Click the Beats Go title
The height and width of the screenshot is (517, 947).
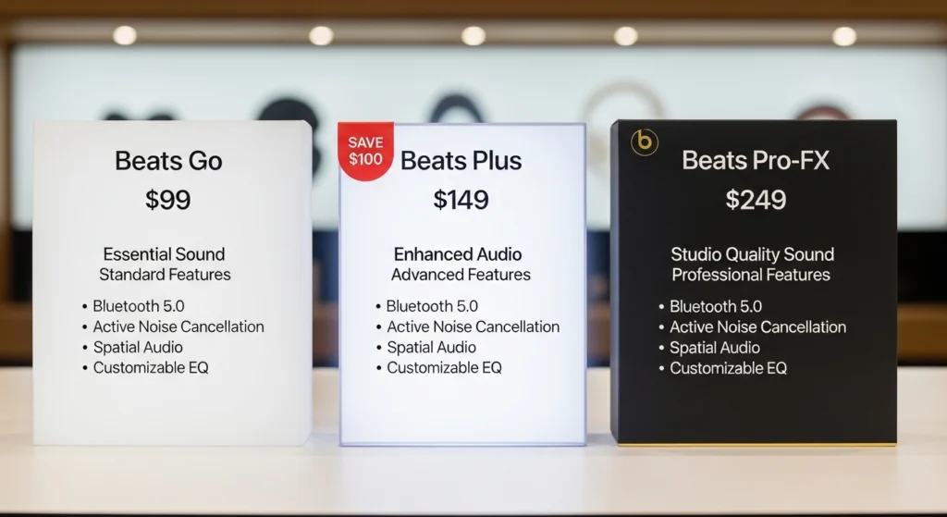click(x=168, y=160)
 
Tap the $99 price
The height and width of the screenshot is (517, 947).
click(x=168, y=200)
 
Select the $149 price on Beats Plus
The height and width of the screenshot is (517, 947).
click(x=461, y=200)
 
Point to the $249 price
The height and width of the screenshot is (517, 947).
click(x=756, y=200)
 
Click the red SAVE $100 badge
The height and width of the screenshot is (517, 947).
click(x=365, y=151)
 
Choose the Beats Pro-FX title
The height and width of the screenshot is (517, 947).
click(x=756, y=160)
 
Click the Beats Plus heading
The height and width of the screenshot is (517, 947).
click(x=461, y=160)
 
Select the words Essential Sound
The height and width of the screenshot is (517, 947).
click(x=165, y=254)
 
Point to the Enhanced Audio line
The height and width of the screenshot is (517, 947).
click(x=458, y=254)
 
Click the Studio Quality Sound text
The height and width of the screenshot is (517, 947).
click(x=752, y=254)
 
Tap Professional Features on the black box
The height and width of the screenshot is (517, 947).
click(x=751, y=275)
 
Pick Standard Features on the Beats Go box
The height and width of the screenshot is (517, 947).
click(x=165, y=275)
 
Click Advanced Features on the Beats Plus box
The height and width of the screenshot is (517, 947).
click(x=461, y=275)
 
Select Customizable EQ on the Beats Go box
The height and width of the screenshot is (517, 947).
click(x=151, y=368)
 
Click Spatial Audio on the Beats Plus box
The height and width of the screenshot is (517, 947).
click(x=431, y=348)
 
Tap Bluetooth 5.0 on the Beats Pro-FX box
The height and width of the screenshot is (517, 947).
click(x=714, y=306)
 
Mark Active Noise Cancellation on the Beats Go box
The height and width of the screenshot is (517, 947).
click(x=178, y=326)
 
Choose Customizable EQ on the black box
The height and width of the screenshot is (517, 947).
click(x=728, y=368)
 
